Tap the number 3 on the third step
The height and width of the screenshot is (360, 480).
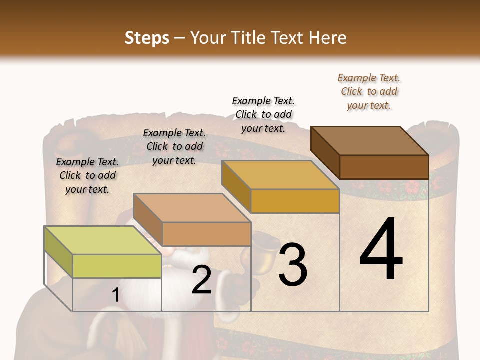click(293, 264)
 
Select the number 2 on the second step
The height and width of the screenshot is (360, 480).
click(201, 280)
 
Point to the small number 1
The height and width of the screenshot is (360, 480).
click(115, 295)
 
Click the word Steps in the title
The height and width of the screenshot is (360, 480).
click(147, 38)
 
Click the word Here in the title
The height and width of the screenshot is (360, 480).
click(328, 38)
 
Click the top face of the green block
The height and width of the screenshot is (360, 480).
click(103, 240)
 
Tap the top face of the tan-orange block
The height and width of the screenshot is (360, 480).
click(192, 208)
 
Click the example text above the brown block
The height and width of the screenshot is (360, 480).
click(369, 92)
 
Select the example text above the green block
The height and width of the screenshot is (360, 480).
click(87, 175)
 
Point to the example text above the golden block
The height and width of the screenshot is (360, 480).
click(263, 114)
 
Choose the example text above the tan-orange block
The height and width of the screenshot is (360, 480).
click(174, 146)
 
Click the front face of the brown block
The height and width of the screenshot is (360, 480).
click(384, 167)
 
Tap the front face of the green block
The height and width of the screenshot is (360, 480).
click(117, 266)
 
